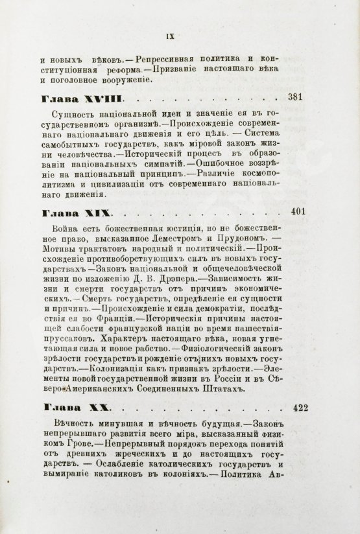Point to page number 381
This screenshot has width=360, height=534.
tap(296, 97)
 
